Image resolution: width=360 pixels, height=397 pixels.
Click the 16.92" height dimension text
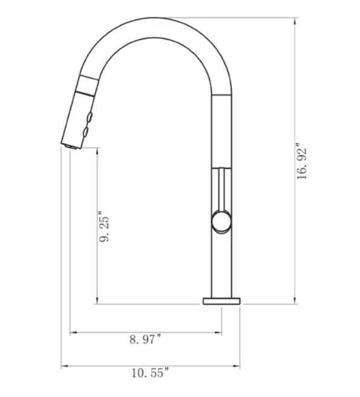pyautogui.click(x=302, y=162)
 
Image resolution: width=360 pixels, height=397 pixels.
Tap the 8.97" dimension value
pyautogui.click(x=145, y=340)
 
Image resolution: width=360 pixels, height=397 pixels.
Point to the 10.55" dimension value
pyautogui.click(x=149, y=373)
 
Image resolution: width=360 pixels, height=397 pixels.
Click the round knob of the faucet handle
pyautogui.click(x=221, y=222)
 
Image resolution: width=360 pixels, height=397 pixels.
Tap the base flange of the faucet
pyautogui.click(x=221, y=301)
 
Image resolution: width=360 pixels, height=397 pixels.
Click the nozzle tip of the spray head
pyautogui.click(x=70, y=145)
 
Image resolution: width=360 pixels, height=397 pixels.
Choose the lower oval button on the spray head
pyautogui.click(x=86, y=131)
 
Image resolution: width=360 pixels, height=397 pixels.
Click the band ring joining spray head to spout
pyautogui.click(x=87, y=85)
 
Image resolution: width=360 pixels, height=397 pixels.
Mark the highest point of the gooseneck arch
pyautogui.click(x=162, y=19)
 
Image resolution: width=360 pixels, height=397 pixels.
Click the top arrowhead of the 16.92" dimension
pyautogui.click(x=295, y=21)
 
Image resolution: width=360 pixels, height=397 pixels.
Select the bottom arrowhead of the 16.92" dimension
pyautogui.click(x=295, y=301)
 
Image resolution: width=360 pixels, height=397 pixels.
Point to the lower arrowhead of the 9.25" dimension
pyautogui.click(x=96, y=301)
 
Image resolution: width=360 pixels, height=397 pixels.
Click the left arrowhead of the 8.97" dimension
pyautogui.click(x=73, y=332)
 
